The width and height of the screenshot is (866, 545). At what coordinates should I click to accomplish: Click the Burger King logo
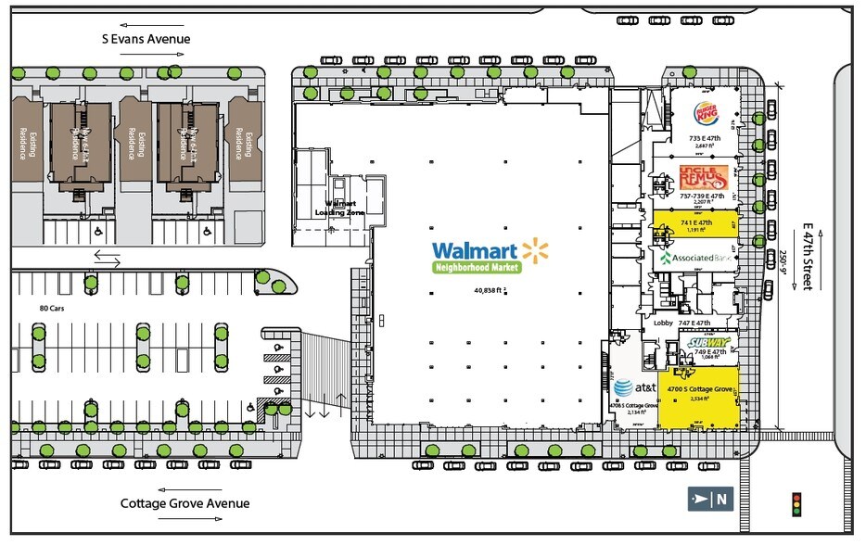tap(707, 115)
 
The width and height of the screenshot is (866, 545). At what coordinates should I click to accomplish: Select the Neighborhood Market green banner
tap(477, 267)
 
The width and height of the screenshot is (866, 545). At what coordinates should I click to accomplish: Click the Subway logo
tap(709, 343)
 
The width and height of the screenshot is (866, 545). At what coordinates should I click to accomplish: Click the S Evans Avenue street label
tap(146, 39)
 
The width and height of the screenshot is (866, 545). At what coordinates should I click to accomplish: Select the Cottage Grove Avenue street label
tap(185, 503)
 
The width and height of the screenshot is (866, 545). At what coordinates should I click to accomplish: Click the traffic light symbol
tap(795, 503)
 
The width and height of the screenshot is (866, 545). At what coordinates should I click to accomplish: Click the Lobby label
tap(662, 323)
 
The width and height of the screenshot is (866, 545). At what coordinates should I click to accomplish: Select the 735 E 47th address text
tap(706, 138)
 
